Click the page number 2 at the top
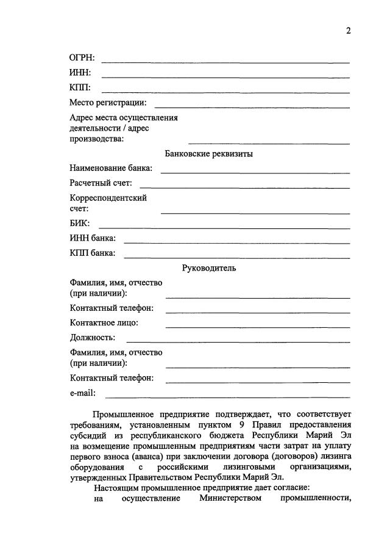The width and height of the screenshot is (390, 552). [x=349, y=32]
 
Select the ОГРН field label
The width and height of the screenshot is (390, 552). [x=82, y=58]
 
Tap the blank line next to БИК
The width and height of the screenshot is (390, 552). [x=224, y=228]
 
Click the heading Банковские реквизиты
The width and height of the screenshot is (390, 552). [x=209, y=154]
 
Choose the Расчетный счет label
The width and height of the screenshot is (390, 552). [x=101, y=183]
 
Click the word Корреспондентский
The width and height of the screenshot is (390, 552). [x=108, y=198]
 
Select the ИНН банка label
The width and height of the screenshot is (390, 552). [x=93, y=238]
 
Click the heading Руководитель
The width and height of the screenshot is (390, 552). [x=209, y=268]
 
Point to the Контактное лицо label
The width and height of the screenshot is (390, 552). [x=104, y=322]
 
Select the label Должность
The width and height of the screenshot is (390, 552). [x=93, y=337]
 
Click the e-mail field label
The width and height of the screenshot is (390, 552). [x=83, y=393]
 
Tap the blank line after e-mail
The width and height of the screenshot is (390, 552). [x=227, y=397]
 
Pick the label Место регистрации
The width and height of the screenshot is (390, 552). [x=108, y=102]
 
